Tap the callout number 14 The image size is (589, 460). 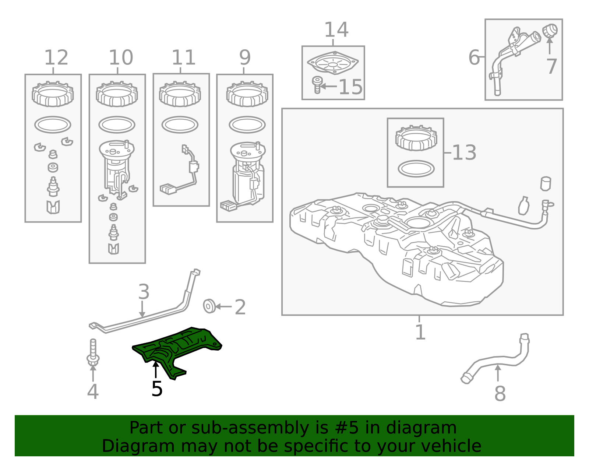pyautogui.click(x=336, y=29)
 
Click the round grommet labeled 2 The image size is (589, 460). pyautogui.click(x=209, y=306)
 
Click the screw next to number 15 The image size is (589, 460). pyautogui.click(x=317, y=85)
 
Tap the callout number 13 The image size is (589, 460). pyautogui.click(x=464, y=152)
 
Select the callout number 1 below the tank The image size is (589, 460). pyautogui.click(x=420, y=332)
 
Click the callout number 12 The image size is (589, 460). pyautogui.click(x=56, y=57)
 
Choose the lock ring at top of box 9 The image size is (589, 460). pyautogui.click(x=247, y=94)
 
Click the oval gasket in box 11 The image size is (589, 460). pyautogui.click(x=180, y=125)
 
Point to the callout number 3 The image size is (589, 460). pyautogui.click(x=144, y=292)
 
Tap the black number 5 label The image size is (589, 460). pyautogui.click(x=157, y=389)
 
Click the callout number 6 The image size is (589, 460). pyautogui.click(x=474, y=57)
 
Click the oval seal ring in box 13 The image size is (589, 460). pyautogui.click(x=416, y=169)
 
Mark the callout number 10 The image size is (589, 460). pyautogui.click(x=121, y=57)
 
